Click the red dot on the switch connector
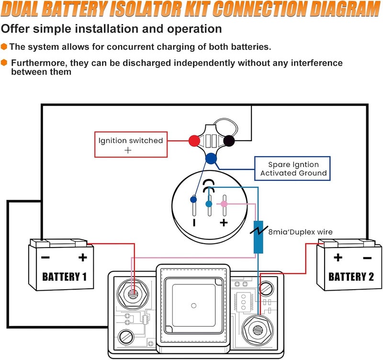[194, 141]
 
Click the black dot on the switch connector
[229, 141]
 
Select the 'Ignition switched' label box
[131, 144]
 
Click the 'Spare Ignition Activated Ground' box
[293, 169]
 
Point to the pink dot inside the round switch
[224, 204]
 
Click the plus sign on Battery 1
[83, 258]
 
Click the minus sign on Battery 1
[45, 258]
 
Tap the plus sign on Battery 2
[338, 258]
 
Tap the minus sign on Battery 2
[367, 258]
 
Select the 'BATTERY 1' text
[65, 276]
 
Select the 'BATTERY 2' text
[351, 276]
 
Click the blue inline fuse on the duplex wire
[258, 237]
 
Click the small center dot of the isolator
[193, 305]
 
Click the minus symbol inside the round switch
[194, 223]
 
